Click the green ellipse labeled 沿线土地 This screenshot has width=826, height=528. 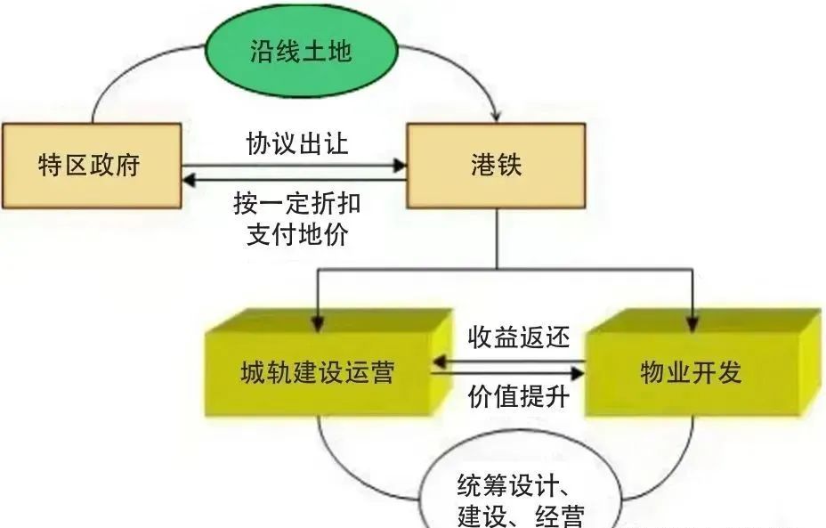tap(301, 51)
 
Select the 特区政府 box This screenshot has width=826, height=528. tap(93, 166)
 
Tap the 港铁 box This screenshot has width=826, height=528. tap(496, 166)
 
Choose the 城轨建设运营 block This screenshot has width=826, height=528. tap(328, 362)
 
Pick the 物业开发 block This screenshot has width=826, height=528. tap(703, 362)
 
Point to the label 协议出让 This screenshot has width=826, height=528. tap(297, 143)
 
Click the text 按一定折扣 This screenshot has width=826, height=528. tap(297, 203)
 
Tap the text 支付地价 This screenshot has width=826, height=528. tap(297, 234)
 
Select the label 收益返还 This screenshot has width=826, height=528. tap(519, 337)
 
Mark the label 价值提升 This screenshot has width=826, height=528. tap(519, 396)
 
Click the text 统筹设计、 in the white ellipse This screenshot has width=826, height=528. tap(514, 484)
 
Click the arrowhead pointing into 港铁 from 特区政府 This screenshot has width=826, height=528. tap(400, 166)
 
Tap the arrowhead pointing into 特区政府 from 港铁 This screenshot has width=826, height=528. tap(189, 180)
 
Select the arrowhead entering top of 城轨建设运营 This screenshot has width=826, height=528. tap(318, 323)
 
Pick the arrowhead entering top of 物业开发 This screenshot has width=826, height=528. tap(692, 323)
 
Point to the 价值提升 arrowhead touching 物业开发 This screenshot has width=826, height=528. tap(578, 374)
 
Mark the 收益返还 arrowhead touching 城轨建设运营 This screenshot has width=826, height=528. tap(440, 362)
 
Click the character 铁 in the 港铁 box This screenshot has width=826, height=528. tap(509, 165)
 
